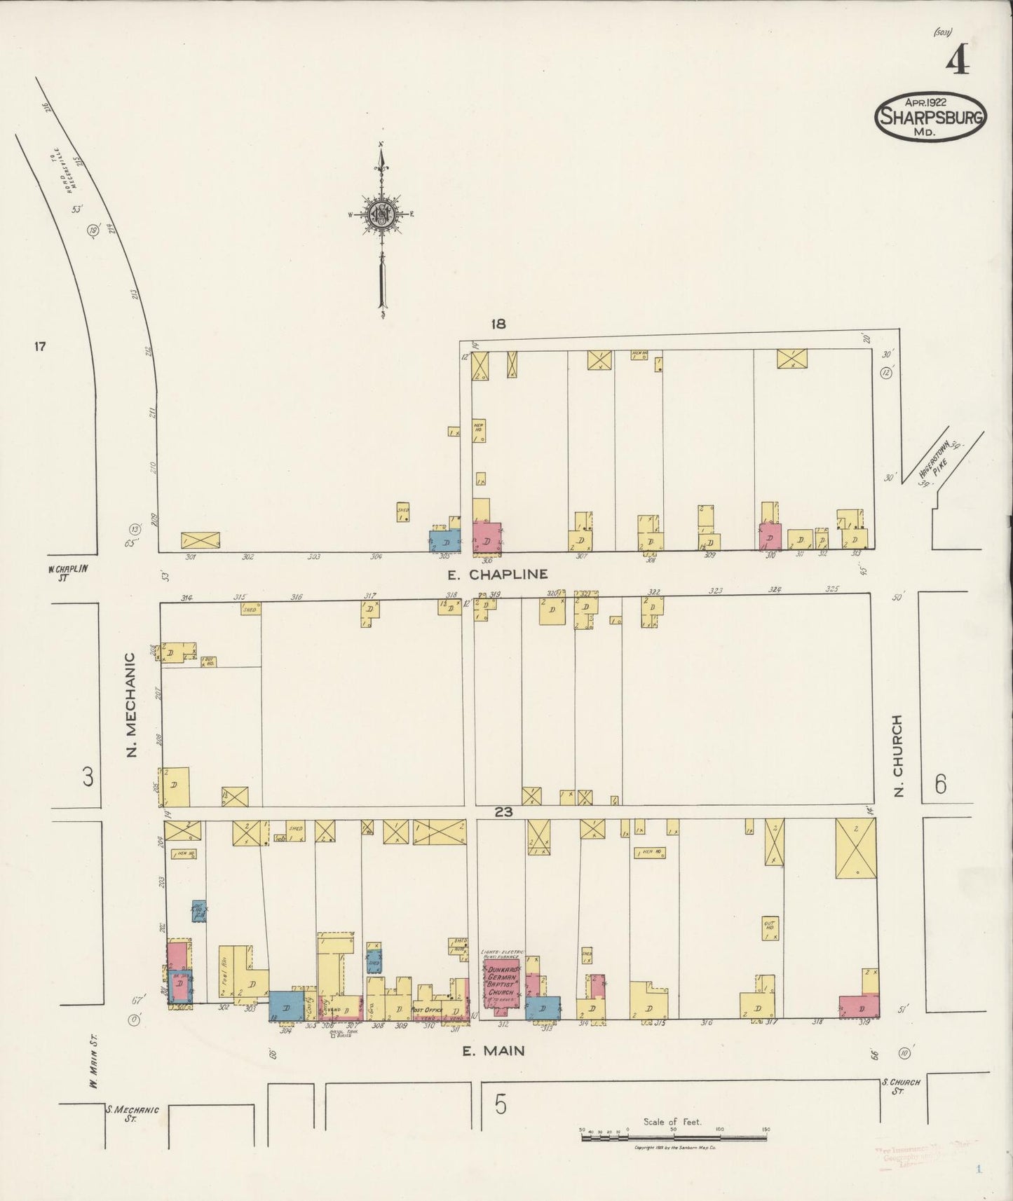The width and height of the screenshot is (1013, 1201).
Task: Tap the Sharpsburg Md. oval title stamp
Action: (930, 117)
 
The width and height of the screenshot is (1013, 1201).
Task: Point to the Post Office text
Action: (426, 1010)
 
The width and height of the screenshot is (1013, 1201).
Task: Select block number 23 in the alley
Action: (504, 813)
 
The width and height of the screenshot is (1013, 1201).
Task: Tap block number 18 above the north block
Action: (498, 324)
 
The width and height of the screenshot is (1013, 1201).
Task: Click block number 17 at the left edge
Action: (40, 345)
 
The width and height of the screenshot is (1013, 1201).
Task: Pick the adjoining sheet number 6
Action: (940, 784)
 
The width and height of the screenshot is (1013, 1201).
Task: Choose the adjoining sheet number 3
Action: (88, 777)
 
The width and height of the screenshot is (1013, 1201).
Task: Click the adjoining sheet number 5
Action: (500, 1105)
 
